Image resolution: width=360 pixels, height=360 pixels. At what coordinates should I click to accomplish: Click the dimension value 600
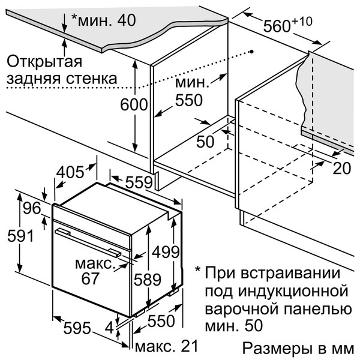point(134,105)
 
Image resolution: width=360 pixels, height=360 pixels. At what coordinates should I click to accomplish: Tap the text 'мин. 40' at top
point(103,19)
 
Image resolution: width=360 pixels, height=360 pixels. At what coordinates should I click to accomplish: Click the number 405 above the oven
point(70,173)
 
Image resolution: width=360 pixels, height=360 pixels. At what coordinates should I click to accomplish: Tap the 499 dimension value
point(164,251)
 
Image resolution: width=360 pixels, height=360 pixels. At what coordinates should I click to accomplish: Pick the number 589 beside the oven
point(147,279)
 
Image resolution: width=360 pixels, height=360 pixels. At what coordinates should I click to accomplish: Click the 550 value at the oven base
point(161,322)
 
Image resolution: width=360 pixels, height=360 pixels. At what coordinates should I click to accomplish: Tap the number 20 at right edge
point(341,169)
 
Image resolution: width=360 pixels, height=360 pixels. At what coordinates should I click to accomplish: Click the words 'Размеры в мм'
point(298,349)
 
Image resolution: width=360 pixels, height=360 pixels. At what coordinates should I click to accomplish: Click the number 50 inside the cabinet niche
point(206,142)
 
